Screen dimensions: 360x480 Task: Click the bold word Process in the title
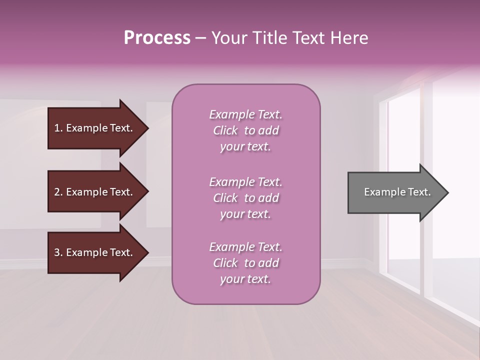(x=157, y=38)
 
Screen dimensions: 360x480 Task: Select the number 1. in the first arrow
(x=58, y=128)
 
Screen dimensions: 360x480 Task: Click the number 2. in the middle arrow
(x=58, y=192)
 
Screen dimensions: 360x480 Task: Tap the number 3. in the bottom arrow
(x=58, y=252)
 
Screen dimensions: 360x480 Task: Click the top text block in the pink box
(x=245, y=130)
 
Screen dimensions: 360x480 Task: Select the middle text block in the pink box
(x=245, y=198)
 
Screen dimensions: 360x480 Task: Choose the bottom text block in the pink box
(x=245, y=263)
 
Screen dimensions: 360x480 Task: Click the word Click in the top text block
(x=225, y=130)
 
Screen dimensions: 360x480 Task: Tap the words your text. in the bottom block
(x=245, y=279)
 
